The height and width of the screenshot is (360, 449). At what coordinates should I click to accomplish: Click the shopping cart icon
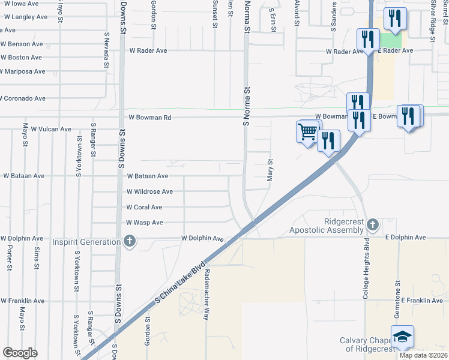[307, 131]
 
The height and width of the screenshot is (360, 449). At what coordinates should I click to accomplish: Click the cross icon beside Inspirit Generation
[128, 242]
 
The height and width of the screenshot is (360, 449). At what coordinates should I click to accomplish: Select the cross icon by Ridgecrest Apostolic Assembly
[373, 225]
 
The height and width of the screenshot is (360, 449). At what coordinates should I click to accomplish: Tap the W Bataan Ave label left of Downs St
[24, 176]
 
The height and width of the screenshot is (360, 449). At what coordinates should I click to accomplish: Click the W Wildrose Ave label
[149, 192]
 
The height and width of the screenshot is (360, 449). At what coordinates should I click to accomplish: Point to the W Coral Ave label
[144, 208]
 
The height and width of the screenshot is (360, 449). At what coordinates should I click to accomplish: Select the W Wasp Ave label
[144, 223]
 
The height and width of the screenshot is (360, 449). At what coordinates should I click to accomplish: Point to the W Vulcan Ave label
[51, 129]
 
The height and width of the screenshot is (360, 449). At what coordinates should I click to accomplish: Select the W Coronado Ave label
[23, 98]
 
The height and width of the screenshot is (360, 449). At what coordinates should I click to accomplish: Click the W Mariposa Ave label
[23, 71]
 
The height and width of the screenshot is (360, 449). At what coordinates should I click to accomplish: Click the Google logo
[20, 353]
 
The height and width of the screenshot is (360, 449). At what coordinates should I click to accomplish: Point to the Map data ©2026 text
[423, 355]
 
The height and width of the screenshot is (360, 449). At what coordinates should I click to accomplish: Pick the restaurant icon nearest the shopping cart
[328, 140]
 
